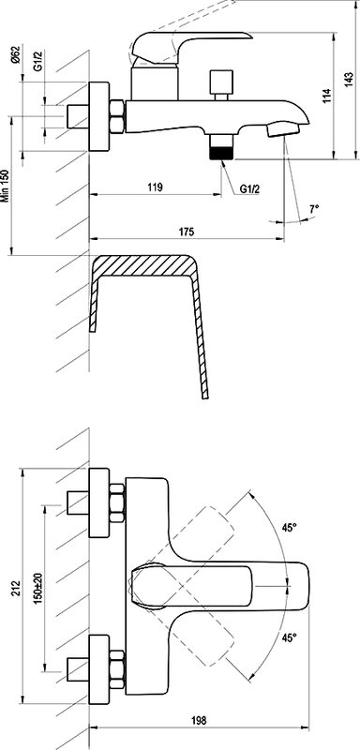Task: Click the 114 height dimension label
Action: tap(326, 97)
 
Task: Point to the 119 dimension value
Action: tap(155, 187)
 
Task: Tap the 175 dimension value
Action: tap(187, 232)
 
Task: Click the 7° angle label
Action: tap(314, 208)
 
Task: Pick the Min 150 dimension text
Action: tap(6, 186)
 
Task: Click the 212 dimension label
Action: tap(15, 587)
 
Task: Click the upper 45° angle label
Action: tap(289, 528)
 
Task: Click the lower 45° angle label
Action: tap(289, 637)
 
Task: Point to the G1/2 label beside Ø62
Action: tap(38, 62)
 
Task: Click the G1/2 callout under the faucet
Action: tap(250, 190)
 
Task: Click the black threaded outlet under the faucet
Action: tap(220, 153)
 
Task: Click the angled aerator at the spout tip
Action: tap(282, 128)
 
